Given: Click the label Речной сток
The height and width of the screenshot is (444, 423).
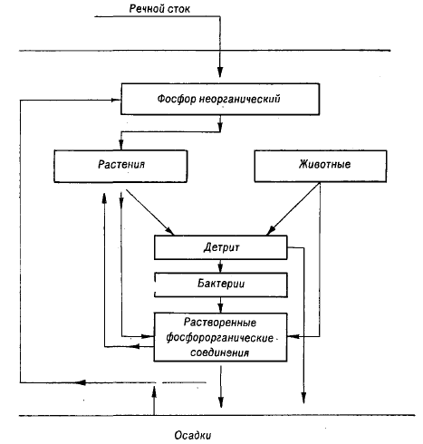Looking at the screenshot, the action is click(x=159, y=8).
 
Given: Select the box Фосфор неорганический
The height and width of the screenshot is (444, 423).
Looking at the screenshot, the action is click(x=220, y=99).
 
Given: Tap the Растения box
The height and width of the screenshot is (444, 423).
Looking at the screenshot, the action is click(x=120, y=166).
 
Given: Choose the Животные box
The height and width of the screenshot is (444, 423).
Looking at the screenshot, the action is click(x=321, y=166).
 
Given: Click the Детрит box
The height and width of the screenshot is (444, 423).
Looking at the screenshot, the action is click(x=221, y=247).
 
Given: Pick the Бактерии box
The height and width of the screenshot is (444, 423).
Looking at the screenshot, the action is click(x=221, y=285).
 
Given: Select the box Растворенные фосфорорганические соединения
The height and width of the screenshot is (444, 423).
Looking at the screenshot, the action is click(x=220, y=337).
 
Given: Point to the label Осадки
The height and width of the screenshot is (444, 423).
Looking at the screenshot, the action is click(x=193, y=435).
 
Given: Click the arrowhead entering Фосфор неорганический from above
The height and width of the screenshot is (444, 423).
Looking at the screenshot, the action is click(x=220, y=72).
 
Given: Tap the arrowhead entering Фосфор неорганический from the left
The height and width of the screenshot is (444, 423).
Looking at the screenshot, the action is click(x=116, y=100).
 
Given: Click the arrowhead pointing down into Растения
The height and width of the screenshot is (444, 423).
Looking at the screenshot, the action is click(x=120, y=145).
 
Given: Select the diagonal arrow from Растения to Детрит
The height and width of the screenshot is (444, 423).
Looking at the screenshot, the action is click(x=149, y=212).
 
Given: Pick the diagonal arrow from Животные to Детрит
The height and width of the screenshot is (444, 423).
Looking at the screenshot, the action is click(x=293, y=209).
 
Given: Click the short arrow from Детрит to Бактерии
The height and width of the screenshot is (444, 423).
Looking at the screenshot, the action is click(x=220, y=266).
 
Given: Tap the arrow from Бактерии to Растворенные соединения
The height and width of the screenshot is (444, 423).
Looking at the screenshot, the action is click(x=220, y=304).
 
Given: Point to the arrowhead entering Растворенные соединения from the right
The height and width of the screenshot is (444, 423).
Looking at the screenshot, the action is click(x=293, y=336).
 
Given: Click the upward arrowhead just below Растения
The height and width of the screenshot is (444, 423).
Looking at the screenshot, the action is click(x=104, y=198).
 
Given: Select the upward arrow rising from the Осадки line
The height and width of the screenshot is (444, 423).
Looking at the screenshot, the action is click(x=154, y=401).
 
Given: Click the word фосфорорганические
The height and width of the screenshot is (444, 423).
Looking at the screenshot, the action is click(x=219, y=337).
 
